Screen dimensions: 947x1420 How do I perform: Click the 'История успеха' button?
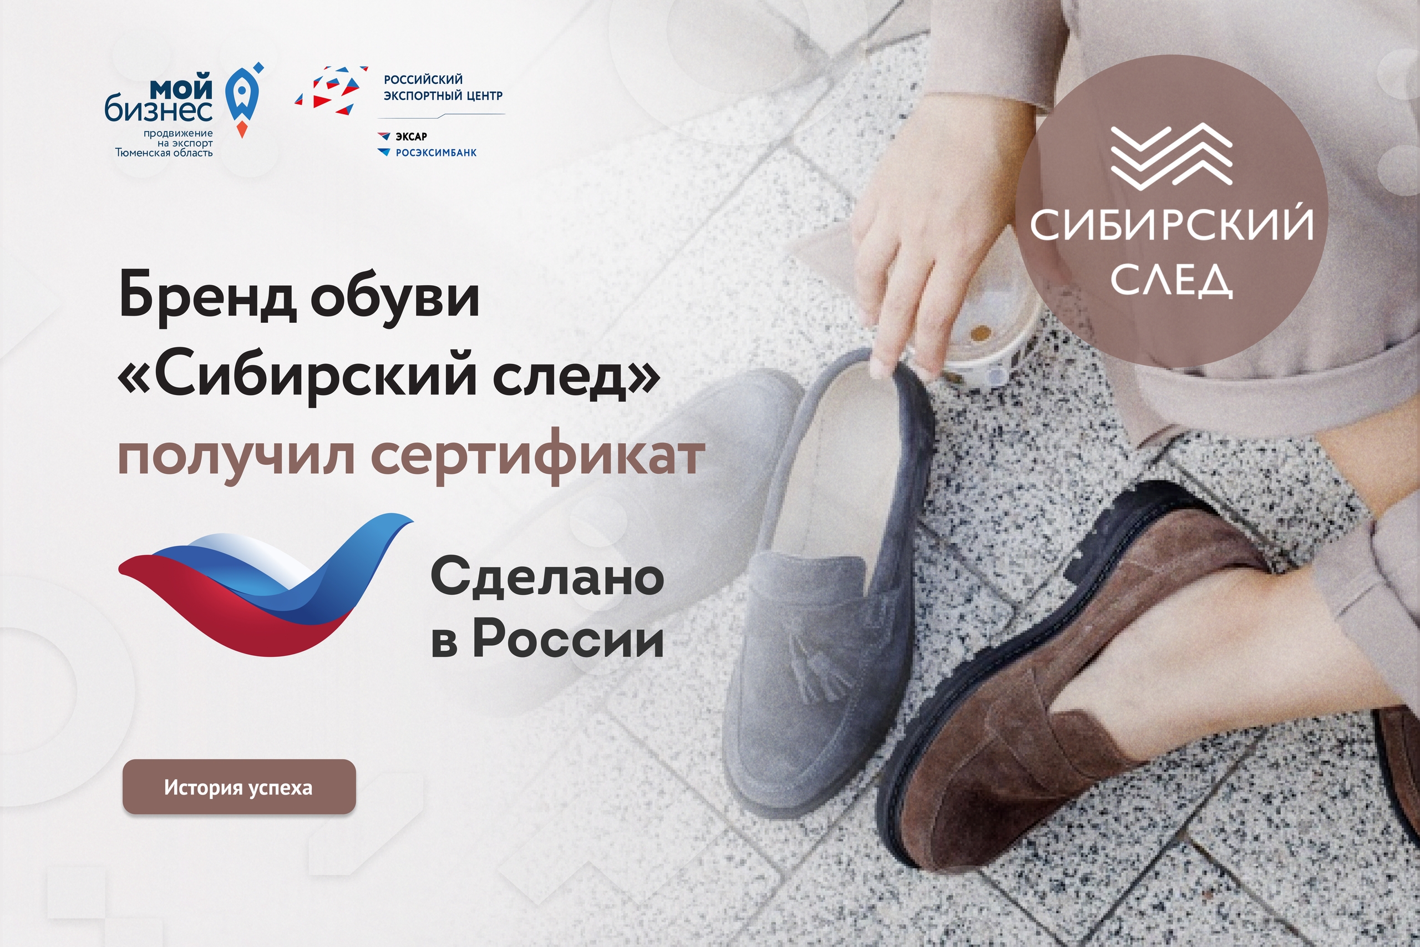(x=239, y=787)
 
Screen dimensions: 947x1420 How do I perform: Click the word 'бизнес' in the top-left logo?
(x=159, y=110)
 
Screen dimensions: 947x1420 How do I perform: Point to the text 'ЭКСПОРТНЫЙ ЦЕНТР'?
(x=443, y=95)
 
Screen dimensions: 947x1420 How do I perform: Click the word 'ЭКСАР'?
(x=411, y=136)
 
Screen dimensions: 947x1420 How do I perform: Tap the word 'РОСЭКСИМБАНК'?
(x=436, y=153)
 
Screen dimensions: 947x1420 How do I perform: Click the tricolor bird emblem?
(x=266, y=586)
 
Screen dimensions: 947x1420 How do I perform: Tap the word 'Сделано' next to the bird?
(x=547, y=577)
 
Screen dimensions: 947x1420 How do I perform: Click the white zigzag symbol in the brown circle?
(x=1171, y=155)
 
